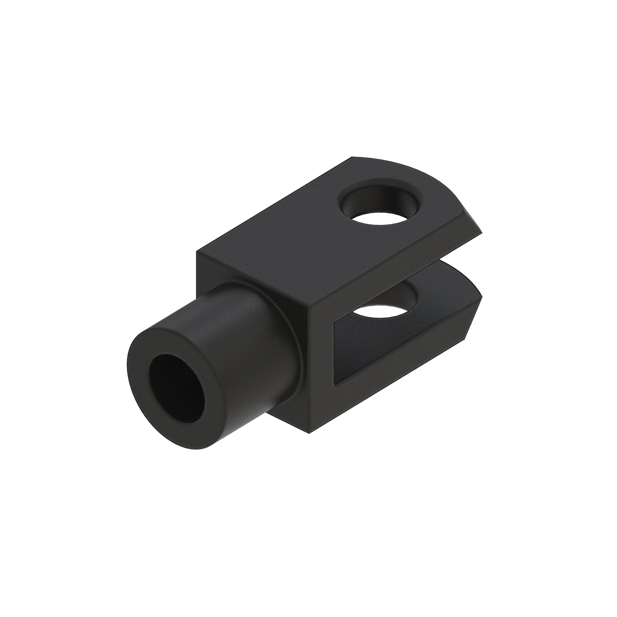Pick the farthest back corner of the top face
[352, 157]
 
